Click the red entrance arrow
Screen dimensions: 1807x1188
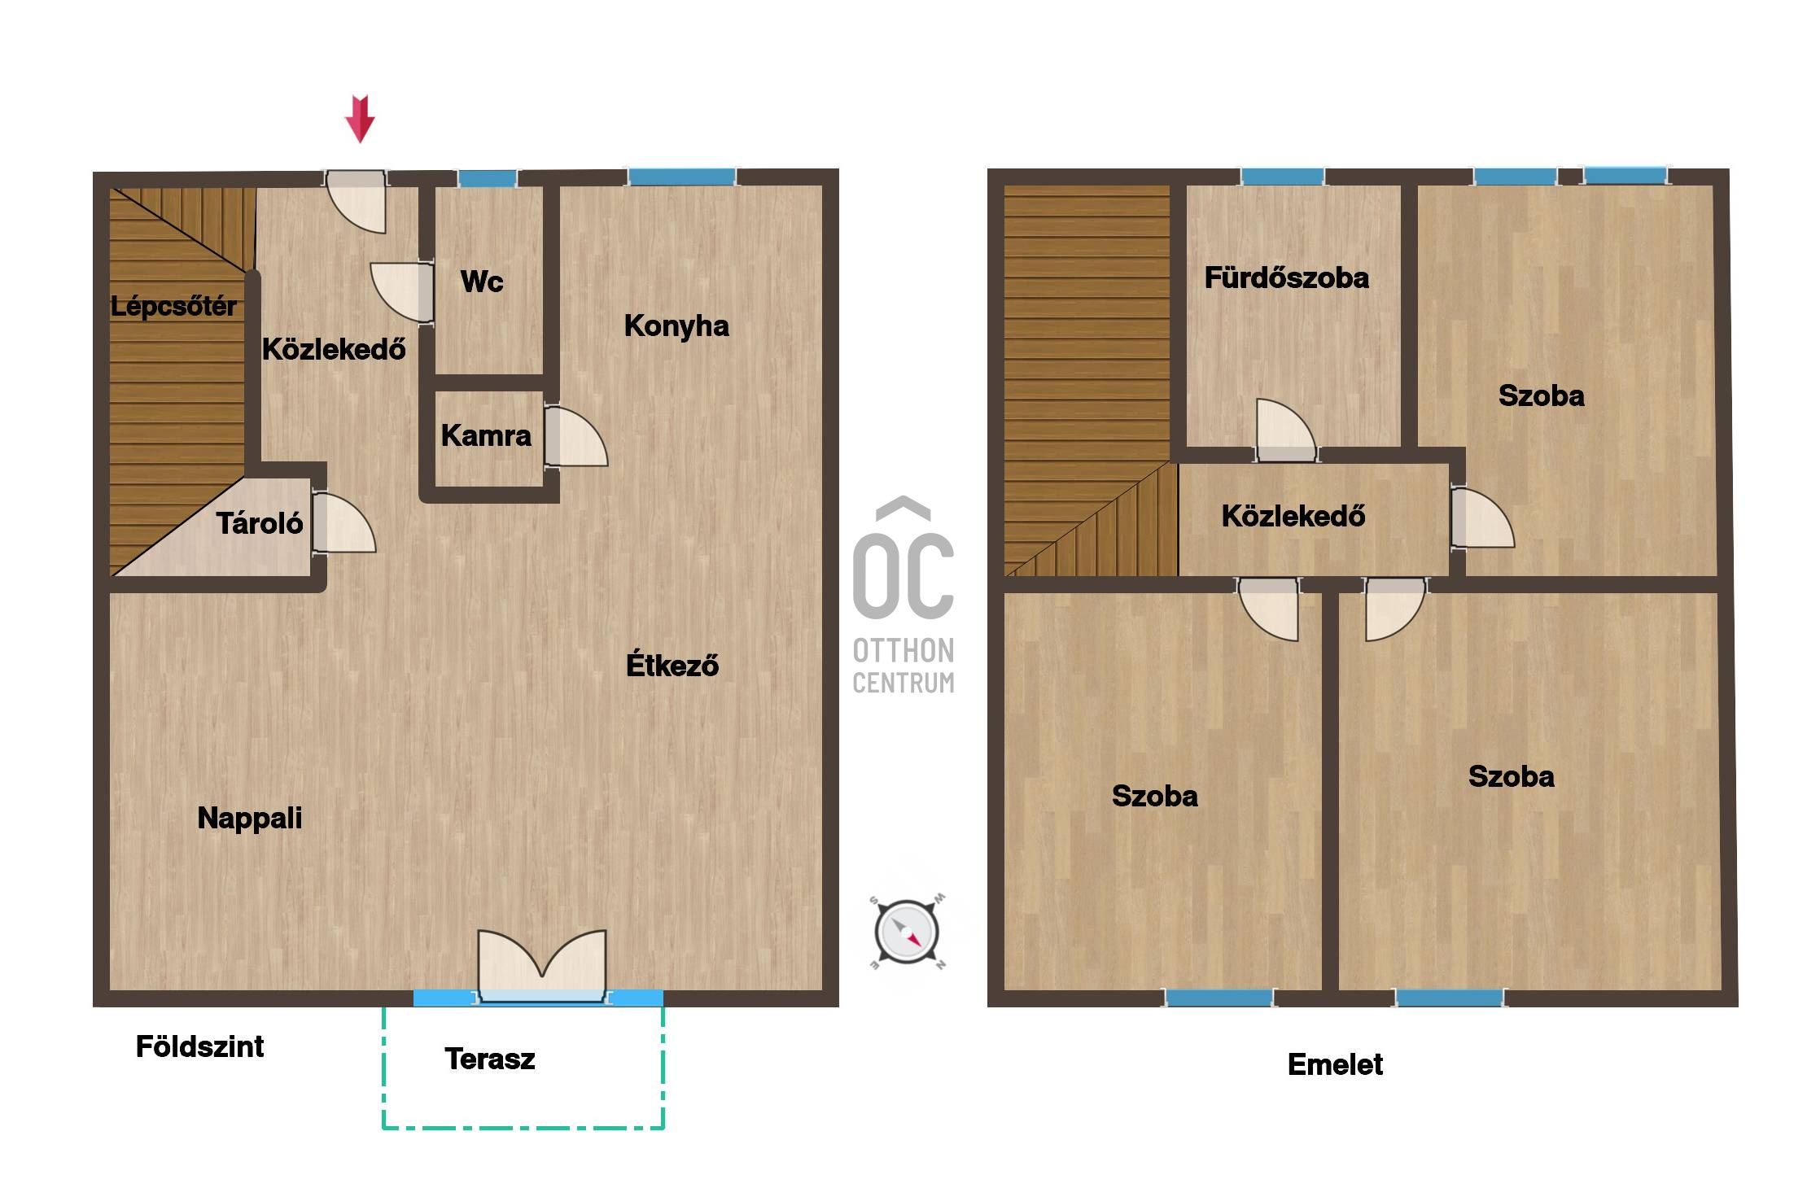coord(360,119)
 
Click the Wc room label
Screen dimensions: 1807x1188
coord(482,282)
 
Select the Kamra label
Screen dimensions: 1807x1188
coord(486,435)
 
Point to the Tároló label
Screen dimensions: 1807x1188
coord(260,522)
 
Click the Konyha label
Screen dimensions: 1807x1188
coord(676,325)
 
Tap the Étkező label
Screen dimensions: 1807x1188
coord(672,664)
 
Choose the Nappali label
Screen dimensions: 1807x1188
coord(250,818)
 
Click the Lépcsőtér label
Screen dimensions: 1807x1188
coord(173,306)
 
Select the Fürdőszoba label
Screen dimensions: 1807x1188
coord(1287,277)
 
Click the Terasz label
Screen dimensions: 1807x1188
coord(490,1059)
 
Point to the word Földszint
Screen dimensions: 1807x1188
coord(199,1046)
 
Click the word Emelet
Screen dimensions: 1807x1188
coord(1335,1064)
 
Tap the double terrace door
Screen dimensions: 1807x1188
coord(542,967)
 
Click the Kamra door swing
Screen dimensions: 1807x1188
coord(575,436)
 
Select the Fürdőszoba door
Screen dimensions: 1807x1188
coord(1286,430)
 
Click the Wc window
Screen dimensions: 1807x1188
coord(487,178)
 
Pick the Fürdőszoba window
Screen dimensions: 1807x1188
coord(1282,177)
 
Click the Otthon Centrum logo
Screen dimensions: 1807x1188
coord(903,595)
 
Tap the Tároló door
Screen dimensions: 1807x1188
coord(343,523)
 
